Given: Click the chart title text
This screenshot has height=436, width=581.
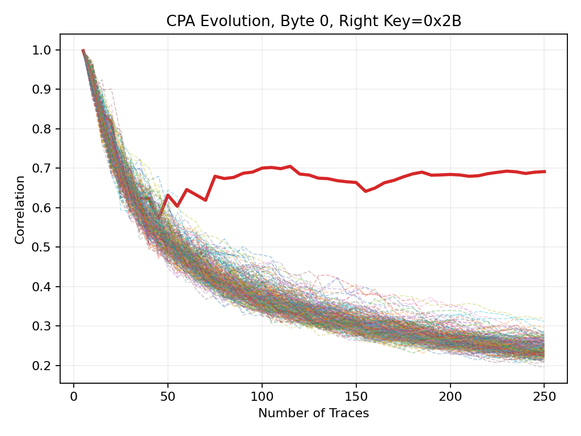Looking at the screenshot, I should (313, 22).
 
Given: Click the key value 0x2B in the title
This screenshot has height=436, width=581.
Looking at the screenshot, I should (445, 22).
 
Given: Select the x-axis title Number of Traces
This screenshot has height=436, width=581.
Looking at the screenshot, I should (313, 414).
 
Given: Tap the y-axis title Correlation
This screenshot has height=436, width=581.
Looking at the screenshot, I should (20, 209).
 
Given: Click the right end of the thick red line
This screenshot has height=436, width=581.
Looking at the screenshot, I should (544, 171).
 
